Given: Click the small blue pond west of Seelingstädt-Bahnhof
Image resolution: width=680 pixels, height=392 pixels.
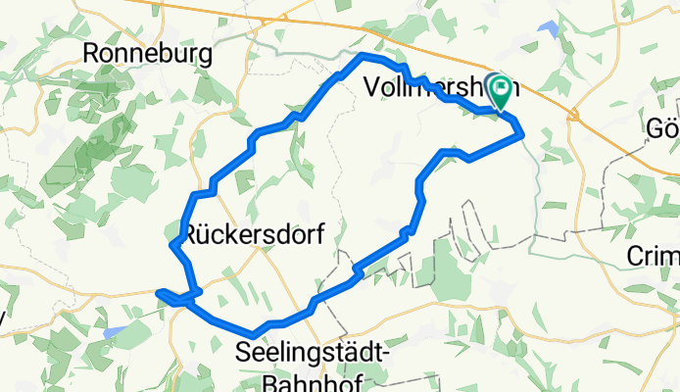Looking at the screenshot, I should pos(114,333).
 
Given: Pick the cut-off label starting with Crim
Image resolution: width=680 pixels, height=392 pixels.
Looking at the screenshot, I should pos(652,257).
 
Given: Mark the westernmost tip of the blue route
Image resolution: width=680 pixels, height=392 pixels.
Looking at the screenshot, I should pos(158,290).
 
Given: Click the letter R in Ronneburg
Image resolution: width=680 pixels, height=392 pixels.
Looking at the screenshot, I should pos(94,55).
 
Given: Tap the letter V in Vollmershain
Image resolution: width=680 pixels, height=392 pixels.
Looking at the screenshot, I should pos(371,87).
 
